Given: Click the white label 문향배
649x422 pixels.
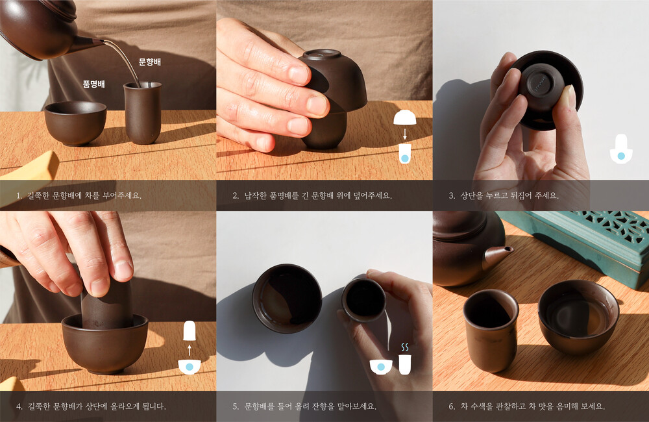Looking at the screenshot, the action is point(149,62).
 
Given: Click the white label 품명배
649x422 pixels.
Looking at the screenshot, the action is point(94,84).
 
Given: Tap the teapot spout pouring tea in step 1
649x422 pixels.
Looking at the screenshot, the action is point(88,43).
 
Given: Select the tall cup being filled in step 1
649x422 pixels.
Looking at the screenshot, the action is point(142,112).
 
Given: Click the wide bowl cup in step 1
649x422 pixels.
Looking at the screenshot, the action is point(75,123).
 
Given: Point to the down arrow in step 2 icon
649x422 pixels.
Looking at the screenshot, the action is point(405,133).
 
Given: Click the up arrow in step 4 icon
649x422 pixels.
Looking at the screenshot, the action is point(189,350).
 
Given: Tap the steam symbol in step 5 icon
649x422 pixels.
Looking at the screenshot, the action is point(405,347).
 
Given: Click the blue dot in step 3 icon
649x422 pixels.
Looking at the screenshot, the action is point(621,156).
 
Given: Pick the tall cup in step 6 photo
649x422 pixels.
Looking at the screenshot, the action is point(491,330).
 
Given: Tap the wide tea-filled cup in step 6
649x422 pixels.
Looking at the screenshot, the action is point(579,317).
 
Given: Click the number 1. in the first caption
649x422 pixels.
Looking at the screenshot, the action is point(19,195).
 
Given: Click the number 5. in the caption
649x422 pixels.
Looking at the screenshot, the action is point(236,406).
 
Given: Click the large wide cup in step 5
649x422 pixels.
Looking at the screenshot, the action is point(288,298).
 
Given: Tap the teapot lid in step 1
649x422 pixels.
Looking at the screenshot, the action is point(60,9).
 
